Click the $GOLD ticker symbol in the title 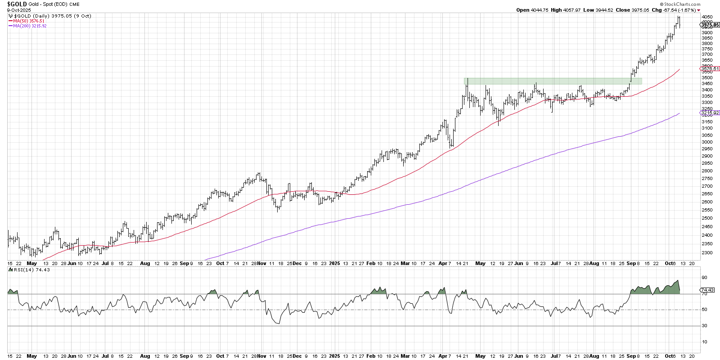coord(17,4)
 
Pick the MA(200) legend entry coord(29,26)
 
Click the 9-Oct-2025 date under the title coord(19,10)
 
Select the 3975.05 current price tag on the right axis coord(710,25)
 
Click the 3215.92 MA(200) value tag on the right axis coord(710,113)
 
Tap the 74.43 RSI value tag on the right coord(708,290)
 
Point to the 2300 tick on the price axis coord(707,253)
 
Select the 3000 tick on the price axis coord(707,142)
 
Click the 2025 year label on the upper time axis coord(334,263)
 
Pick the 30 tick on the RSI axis coord(704,326)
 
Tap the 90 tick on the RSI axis coord(704,278)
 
